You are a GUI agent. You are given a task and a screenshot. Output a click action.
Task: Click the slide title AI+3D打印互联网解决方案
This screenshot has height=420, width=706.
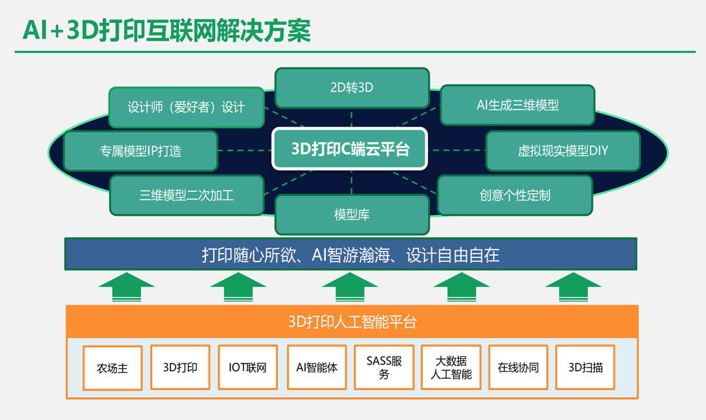pyautogui.click(x=167, y=30)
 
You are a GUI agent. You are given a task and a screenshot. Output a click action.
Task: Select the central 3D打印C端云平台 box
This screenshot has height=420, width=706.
pyautogui.click(x=350, y=149)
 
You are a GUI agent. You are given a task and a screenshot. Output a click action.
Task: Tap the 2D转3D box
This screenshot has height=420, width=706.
pyautogui.click(x=352, y=88)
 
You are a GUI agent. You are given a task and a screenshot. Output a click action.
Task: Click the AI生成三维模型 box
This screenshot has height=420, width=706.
pyautogui.click(x=517, y=105)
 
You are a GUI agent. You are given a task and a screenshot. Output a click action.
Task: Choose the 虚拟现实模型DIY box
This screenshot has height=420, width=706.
pyautogui.click(x=562, y=151)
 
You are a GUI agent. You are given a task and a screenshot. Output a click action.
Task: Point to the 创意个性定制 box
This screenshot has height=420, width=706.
pyautogui.click(x=515, y=195)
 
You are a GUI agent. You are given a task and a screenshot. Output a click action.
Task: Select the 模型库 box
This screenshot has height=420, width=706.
pyautogui.click(x=352, y=214)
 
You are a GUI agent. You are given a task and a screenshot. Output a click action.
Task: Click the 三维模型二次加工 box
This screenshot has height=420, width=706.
pyautogui.click(x=187, y=195)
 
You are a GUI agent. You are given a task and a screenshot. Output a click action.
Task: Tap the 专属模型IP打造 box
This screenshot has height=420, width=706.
pyautogui.click(x=141, y=151)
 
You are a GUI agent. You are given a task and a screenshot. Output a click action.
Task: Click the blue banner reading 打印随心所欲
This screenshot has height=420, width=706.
pyautogui.click(x=351, y=254)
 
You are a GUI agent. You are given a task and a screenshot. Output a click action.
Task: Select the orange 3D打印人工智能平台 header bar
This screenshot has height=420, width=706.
pyautogui.click(x=352, y=322)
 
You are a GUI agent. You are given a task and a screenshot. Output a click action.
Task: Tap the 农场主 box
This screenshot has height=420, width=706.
pyautogui.click(x=113, y=368)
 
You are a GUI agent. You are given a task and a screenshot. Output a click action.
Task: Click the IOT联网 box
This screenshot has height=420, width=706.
pyautogui.click(x=248, y=368)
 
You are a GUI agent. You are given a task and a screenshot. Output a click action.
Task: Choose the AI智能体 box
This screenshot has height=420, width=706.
pyautogui.click(x=317, y=368)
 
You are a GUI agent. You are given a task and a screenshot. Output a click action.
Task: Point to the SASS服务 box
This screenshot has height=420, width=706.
pyautogui.click(x=384, y=368)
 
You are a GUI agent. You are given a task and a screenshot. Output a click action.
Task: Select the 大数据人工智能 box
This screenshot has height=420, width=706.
pyautogui.click(x=451, y=368)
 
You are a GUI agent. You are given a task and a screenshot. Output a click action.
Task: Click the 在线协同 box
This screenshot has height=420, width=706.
pyautogui.click(x=519, y=368)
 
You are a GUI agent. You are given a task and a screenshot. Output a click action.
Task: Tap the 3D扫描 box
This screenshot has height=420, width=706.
pyautogui.click(x=585, y=368)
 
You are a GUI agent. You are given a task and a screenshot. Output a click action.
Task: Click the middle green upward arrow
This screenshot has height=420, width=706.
pyautogui.click(x=351, y=287)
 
